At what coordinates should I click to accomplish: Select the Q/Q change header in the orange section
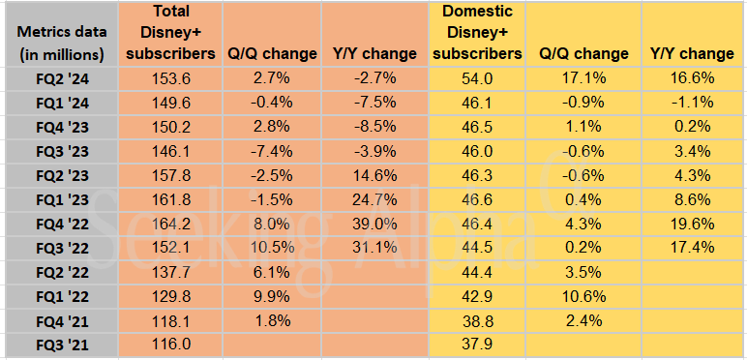pos(271,53)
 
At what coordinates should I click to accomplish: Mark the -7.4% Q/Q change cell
pos(271,149)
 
